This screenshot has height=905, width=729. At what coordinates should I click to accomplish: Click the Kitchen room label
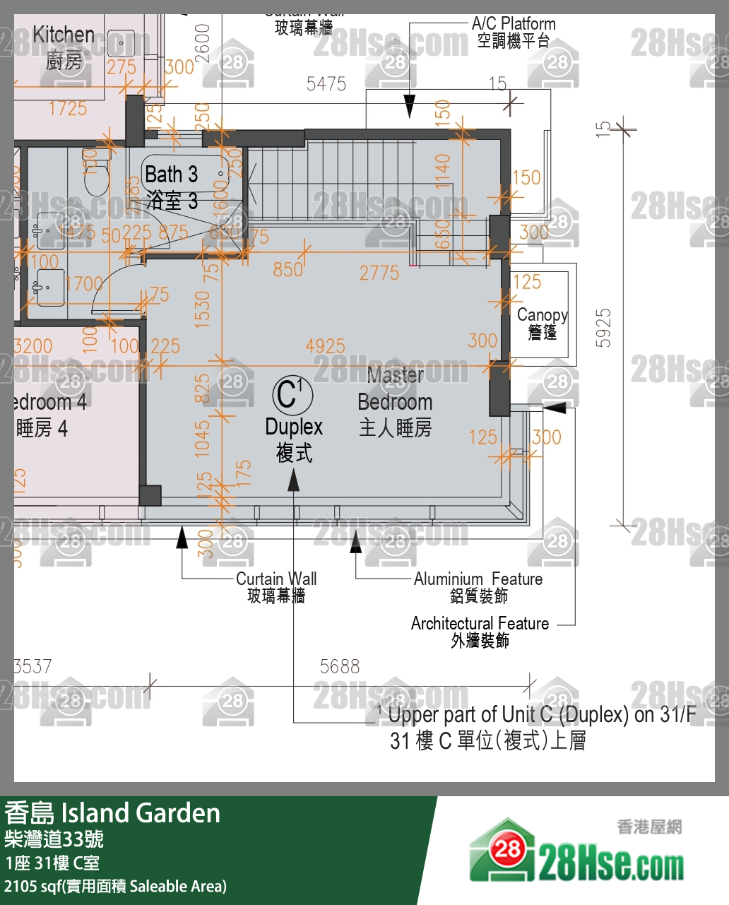click(x=64, y=35)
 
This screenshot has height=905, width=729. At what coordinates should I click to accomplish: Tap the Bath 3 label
click(x=171, y=175)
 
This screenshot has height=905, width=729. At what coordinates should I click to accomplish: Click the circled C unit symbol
click(x=292, y=394)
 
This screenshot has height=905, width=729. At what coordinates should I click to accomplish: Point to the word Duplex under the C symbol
click(x=294, y=427)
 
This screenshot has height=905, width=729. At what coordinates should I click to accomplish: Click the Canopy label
click(x=542, y=315)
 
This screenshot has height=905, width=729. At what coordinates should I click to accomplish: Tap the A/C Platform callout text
click(x=514, y=24)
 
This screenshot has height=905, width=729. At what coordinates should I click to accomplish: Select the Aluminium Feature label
click(x=478, y=579)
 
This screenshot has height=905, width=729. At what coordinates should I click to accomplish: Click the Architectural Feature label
click(x=480, y=624)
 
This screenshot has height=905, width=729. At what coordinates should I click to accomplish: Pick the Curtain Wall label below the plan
click(x=276, y=579)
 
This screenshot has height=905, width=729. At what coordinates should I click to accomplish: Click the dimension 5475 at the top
click(x=326, y=84)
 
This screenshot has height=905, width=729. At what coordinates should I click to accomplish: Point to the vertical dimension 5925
click(x=603, y=328)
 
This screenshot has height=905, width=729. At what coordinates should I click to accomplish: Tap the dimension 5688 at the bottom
click(x=340, y=666)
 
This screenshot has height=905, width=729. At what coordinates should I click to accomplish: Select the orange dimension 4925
click(x=325, y=346)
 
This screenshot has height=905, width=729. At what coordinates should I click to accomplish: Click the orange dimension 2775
click(x=379, y=273)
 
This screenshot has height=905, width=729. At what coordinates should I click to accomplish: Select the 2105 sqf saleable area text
click(x=116, y=887)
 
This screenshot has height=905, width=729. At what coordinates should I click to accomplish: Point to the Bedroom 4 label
click(x=49, y=403)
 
